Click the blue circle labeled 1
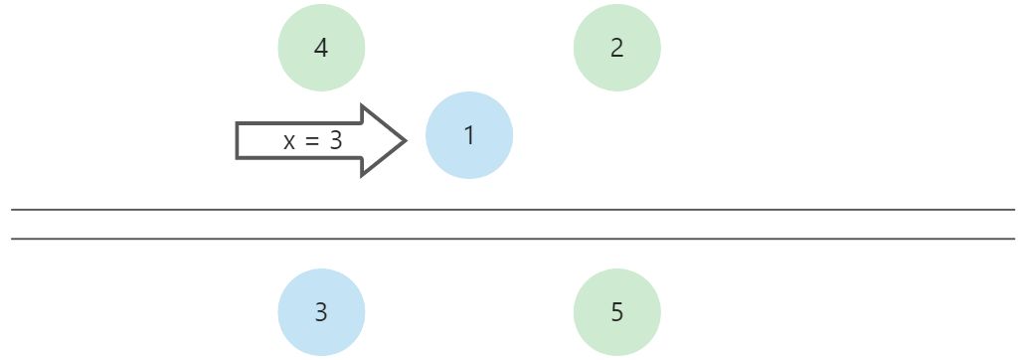[469, 135]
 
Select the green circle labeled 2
[617, 48]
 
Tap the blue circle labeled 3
[321, 312]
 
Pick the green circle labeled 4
[321, 48]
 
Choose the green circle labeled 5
[617, 312]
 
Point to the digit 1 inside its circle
[469, 135]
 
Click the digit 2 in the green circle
[617, 48]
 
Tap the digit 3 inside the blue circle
[321, 312]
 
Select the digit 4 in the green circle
[321, 48]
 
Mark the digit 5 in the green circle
[617, 312]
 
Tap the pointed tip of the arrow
[405, 140]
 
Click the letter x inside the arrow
[289, 142]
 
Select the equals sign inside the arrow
[312, 142]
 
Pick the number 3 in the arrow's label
[335, 141]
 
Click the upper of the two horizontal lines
[513, 210]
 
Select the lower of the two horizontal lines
[513, 239]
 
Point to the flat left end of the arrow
[238, 140]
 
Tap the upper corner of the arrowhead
[362, 106]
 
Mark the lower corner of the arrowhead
[362, 175]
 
